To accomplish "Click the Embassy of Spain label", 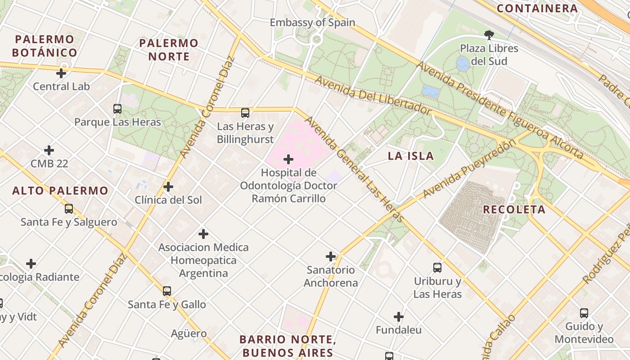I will (x=312, y=22).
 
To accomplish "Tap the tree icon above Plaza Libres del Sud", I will (x=489, y=35).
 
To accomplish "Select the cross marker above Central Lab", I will (x=61, y=73).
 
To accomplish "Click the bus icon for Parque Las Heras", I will (x=117, y=108).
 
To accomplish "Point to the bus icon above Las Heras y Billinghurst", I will (x=245, y=113).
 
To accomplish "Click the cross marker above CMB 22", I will (x=49, y=150).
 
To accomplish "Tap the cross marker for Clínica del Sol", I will (x=168, y=186).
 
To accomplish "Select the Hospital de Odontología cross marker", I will (x=288, y=159).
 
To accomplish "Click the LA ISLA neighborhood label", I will (x=411, y=156).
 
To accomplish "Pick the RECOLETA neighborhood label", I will (x=514, y=209).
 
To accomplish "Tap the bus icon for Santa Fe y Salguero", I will (x=69, y=209).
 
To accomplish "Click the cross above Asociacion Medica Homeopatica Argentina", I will (x=203, y=234).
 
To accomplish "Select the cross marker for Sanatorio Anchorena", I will (x=331, y=256).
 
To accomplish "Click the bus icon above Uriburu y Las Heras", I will (x=437, y=268).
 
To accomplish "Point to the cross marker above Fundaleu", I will (x=399, y=317).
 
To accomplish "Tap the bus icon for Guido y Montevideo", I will (x=584, y=313).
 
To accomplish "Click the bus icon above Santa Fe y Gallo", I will (x=167, y=291).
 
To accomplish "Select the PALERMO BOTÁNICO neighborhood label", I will (x=45, y=46).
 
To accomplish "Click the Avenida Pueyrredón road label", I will (x=469, y=169).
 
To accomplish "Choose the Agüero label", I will (x=189, y=333).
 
